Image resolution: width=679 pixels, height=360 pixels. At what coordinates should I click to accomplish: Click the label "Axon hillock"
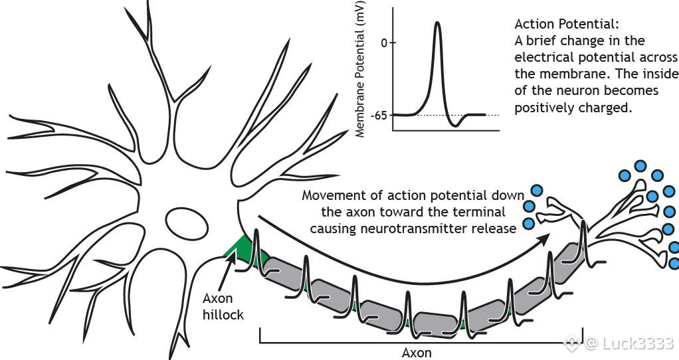pyautogui.click(x=223, y=307)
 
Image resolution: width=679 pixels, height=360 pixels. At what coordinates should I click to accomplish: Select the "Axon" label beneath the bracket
pyautogui.click(x=417, y=352)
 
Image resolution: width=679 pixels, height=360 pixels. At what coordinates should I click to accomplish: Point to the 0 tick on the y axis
pyautogui.click(x=385, y=43)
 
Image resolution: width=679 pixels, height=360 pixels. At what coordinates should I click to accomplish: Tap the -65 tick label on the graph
pyautogui.click(x=380, y=115)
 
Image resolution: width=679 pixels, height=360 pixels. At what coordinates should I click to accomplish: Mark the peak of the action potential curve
pyautogui.click(x=437, y=23)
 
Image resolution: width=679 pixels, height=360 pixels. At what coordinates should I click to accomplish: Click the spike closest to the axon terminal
pyautogui.click(x=584, y=239)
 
